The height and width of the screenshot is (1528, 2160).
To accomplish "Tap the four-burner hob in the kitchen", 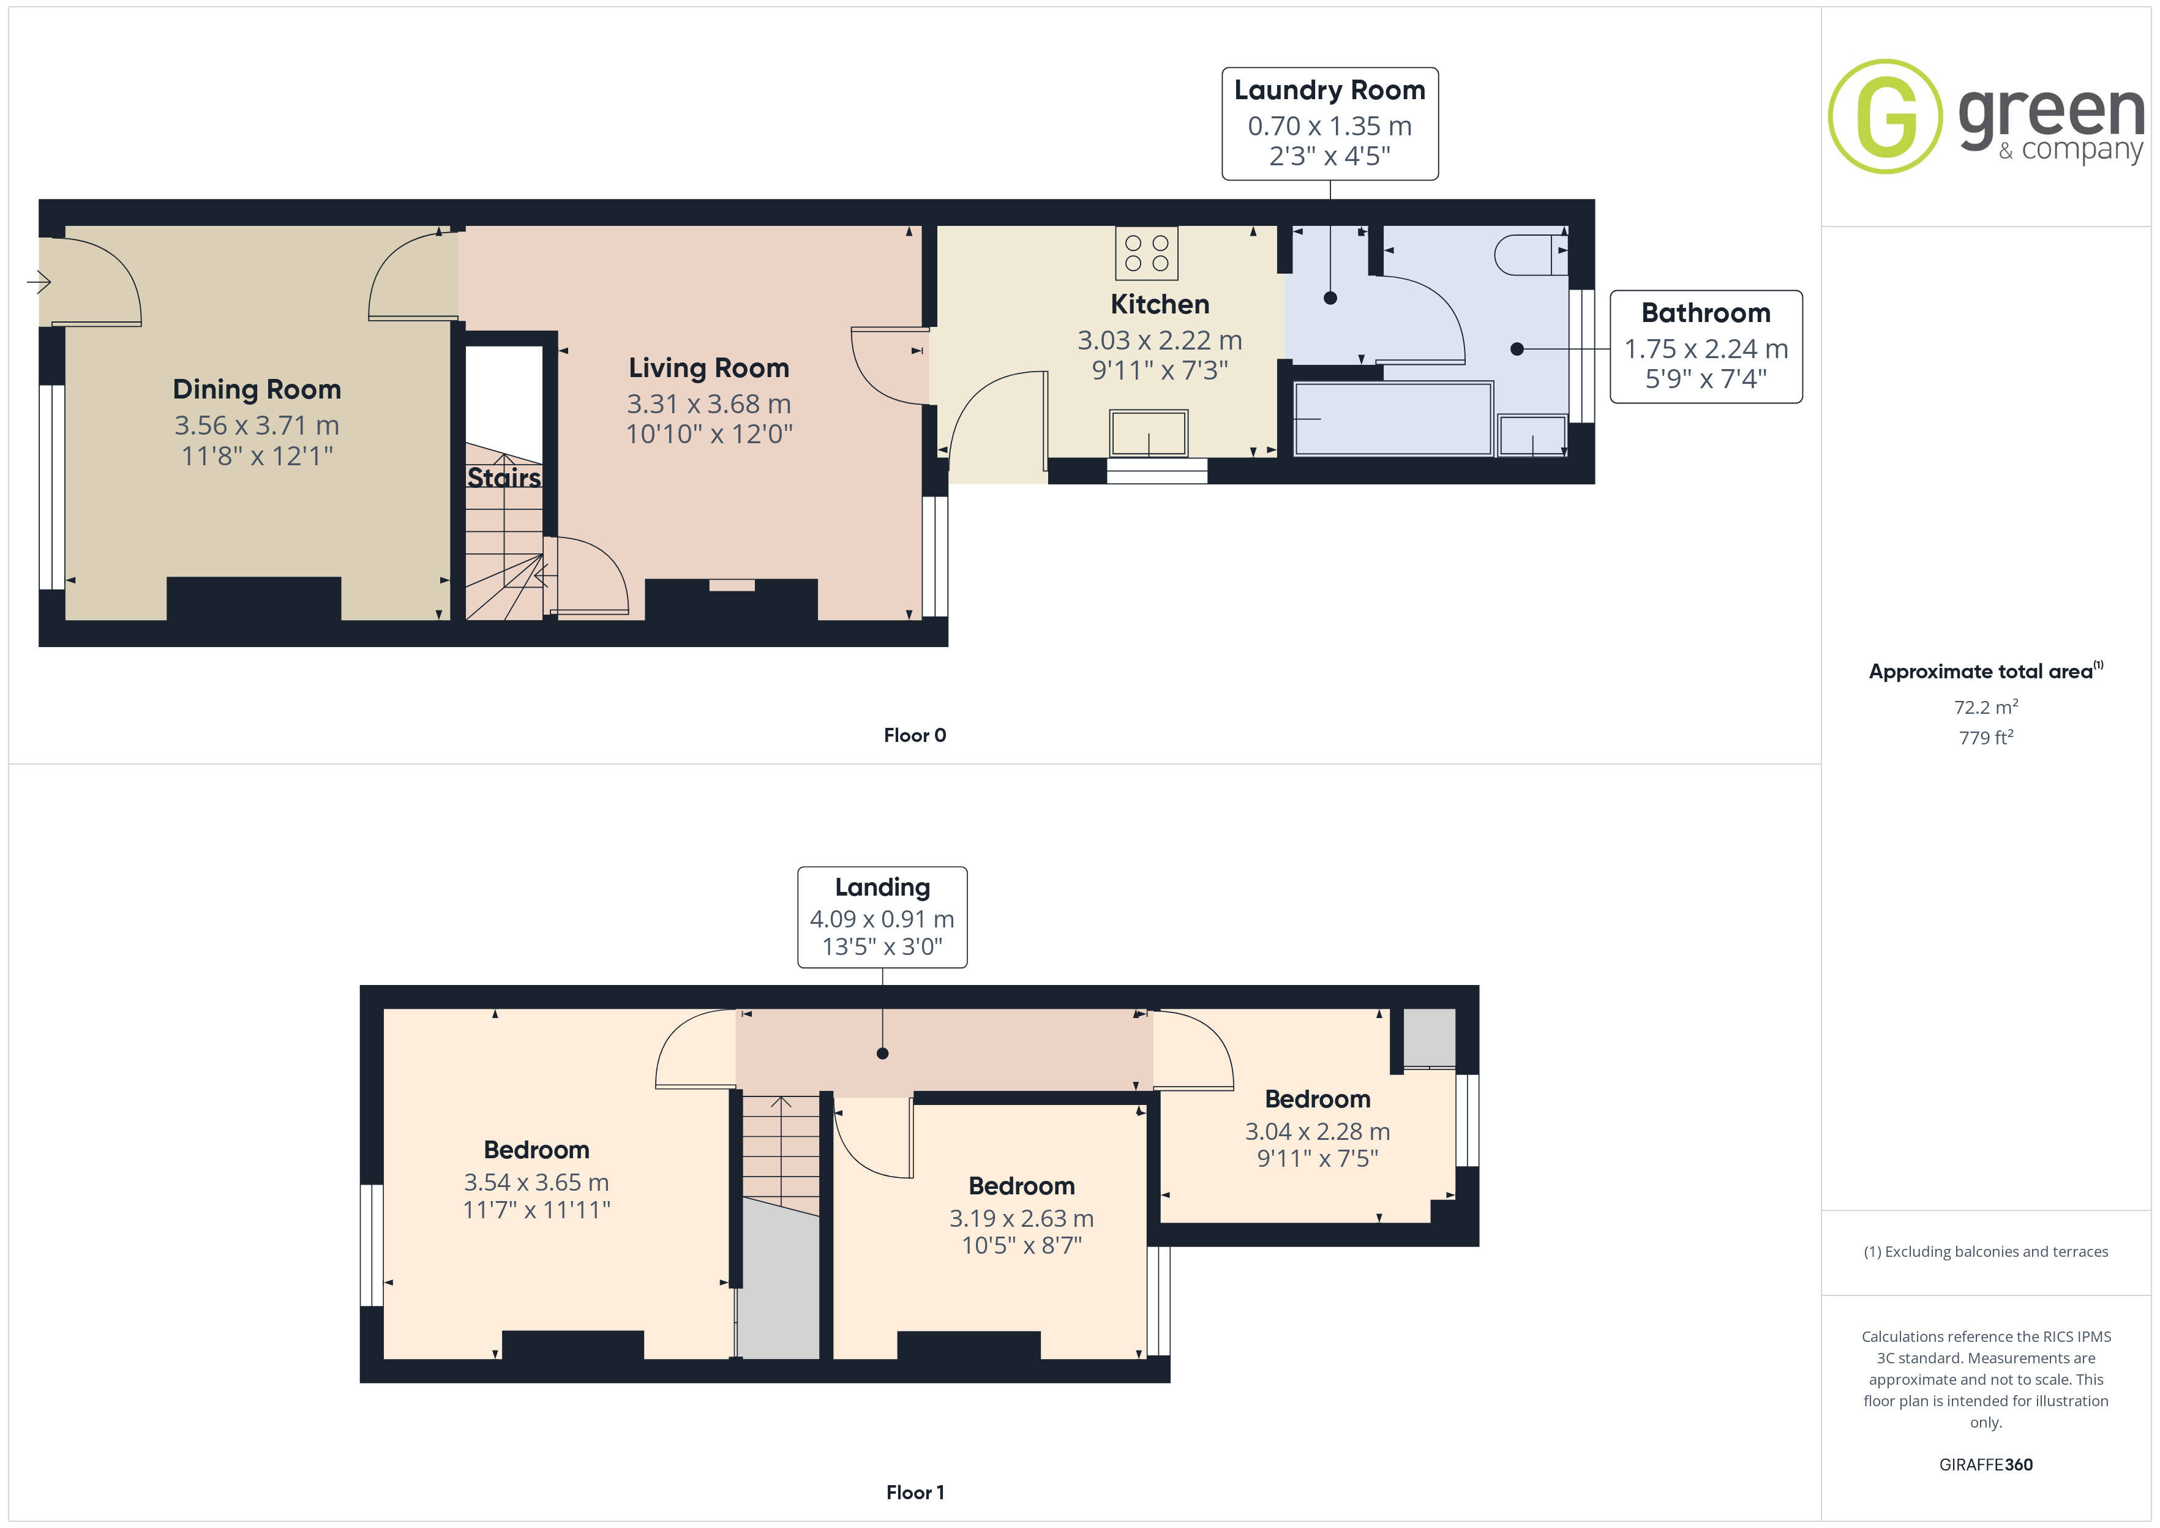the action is pyautogui.click(x=1146, y=253).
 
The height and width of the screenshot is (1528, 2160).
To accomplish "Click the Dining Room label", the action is pyautogui.click(x=257, y=389).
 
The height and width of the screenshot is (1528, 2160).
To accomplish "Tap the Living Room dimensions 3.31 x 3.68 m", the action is pyautogui.click(x=710, y=403).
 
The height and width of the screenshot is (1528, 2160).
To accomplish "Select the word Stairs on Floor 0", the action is pyautogui.click(x=504, y=478).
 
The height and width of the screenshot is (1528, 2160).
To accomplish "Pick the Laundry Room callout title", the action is pyautogui.click(x=1329, y=91).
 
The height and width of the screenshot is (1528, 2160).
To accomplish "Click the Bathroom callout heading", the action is pyautogui.click(x=1706, y=312).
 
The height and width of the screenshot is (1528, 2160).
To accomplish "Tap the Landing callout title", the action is pyautogui.click(x=882, y=887).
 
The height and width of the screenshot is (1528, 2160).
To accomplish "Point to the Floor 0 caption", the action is pyautogui.click(x=915, y=736).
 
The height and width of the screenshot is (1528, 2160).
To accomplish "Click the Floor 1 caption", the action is pyautogui.click(x=915, y=1492).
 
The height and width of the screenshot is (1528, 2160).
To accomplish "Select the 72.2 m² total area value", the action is pyautogui.click(x=1986, y=706).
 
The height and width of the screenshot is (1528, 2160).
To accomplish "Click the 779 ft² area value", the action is pyautogui.click(x=1986, y=738).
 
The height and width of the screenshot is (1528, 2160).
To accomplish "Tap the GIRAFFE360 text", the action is pyautogui.click(x=1986, y=1465).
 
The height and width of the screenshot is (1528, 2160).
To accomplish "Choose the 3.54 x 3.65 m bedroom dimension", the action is pyautogui.click(x=536, y=1183).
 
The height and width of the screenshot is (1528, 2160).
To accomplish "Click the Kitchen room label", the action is pyautogui.click(x=1160, y=305).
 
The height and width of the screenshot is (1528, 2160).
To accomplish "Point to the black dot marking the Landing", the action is pyautogui.click(x=882, y=1054).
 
